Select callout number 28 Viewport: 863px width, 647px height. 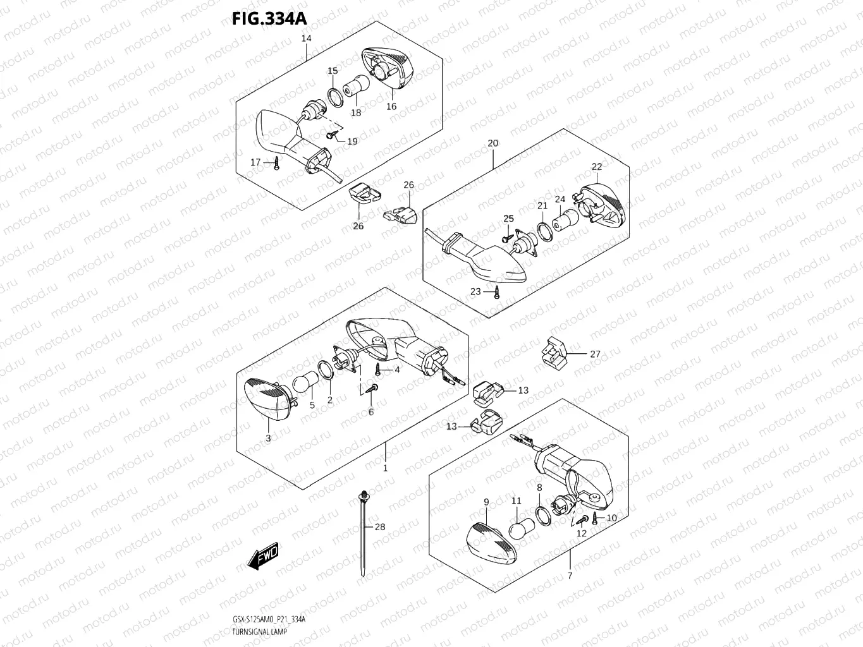[379, 527]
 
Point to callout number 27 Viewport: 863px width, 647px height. [595, 354]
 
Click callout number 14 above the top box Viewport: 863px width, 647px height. [306, 39]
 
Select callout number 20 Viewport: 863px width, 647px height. [493, 143]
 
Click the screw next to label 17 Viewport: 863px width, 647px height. [276, 164]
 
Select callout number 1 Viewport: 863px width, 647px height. [385, 468]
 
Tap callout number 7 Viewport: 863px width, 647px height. [570, 576]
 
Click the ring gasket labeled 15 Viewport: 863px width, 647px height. [335, 95]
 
